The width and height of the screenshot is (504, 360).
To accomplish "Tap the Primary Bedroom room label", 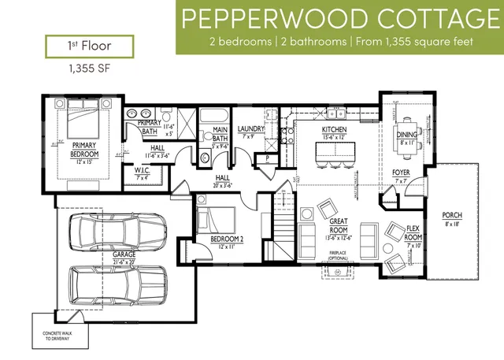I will click(84, 150).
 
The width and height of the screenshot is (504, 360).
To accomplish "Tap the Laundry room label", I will click(250, 131).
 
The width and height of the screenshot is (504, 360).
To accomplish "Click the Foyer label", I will click(400, 174).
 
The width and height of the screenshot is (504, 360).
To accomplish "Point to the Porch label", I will click(452, 218).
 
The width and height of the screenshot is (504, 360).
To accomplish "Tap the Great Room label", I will click(338, 228).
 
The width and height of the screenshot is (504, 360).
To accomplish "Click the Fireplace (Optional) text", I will click(339, 256).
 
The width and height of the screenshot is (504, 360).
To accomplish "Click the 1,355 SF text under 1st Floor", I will click(83, 69).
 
